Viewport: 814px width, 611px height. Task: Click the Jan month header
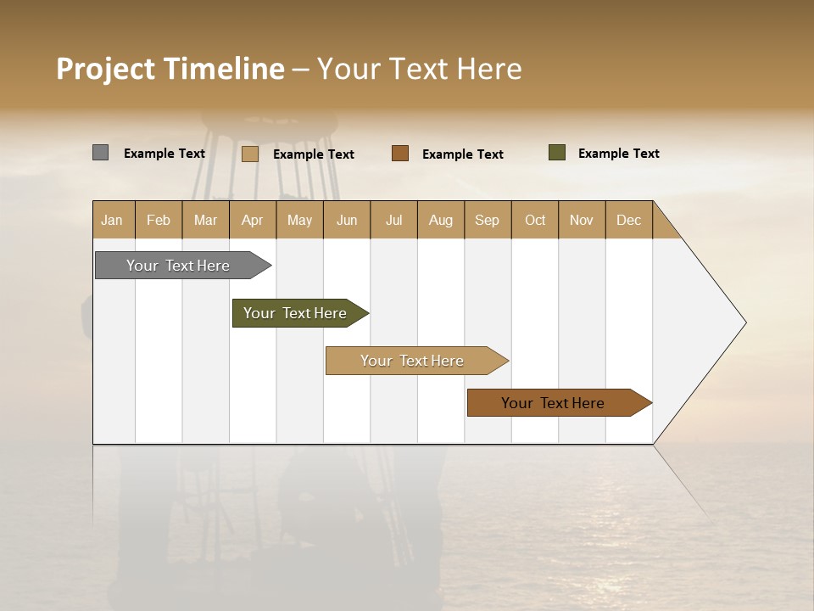pos(113,220)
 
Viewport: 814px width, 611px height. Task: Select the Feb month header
pos(159,220)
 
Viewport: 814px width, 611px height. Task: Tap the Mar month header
pos(205,220)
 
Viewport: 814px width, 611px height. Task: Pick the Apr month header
pos(253,220)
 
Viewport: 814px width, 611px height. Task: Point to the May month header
pos(299,220)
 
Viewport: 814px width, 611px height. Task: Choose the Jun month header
pos(347,220)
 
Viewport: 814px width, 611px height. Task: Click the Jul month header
pos(393,220)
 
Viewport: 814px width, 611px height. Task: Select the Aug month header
pos(441,220)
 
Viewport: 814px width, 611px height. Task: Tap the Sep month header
pos(488,220)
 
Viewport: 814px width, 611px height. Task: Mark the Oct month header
pos(535,220)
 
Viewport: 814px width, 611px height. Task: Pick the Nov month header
pos(582,220)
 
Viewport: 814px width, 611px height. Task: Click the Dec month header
pos(628,220)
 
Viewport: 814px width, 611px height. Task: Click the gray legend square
pos(100,153)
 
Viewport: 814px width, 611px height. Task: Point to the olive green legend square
pos(556,153)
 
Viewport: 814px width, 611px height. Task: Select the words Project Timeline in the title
pos(170,69)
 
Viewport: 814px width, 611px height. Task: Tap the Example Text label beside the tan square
pos(314,154)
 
